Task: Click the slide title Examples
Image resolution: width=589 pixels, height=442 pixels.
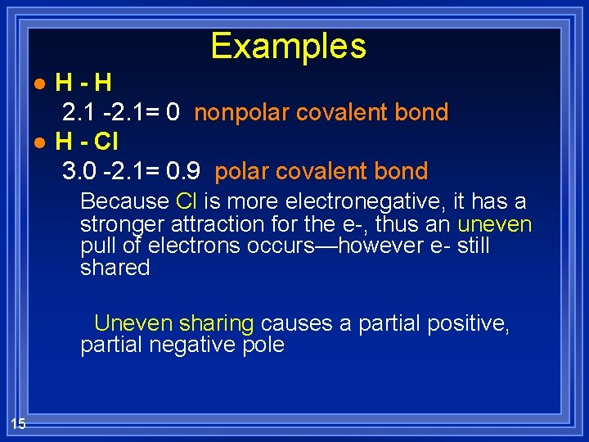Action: [288, 46]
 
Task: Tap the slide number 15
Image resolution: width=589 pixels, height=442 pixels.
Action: [18, 422]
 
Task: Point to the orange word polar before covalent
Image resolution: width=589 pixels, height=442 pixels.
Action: [237, 172]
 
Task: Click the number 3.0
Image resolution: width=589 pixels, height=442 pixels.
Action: [79, 172]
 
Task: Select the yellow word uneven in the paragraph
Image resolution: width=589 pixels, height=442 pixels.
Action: [495, 224]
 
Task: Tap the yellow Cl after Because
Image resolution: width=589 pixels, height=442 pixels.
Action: [185, 201]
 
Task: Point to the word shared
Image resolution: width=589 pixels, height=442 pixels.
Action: [115, 268]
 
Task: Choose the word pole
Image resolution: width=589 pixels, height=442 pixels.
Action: [263, 345]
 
